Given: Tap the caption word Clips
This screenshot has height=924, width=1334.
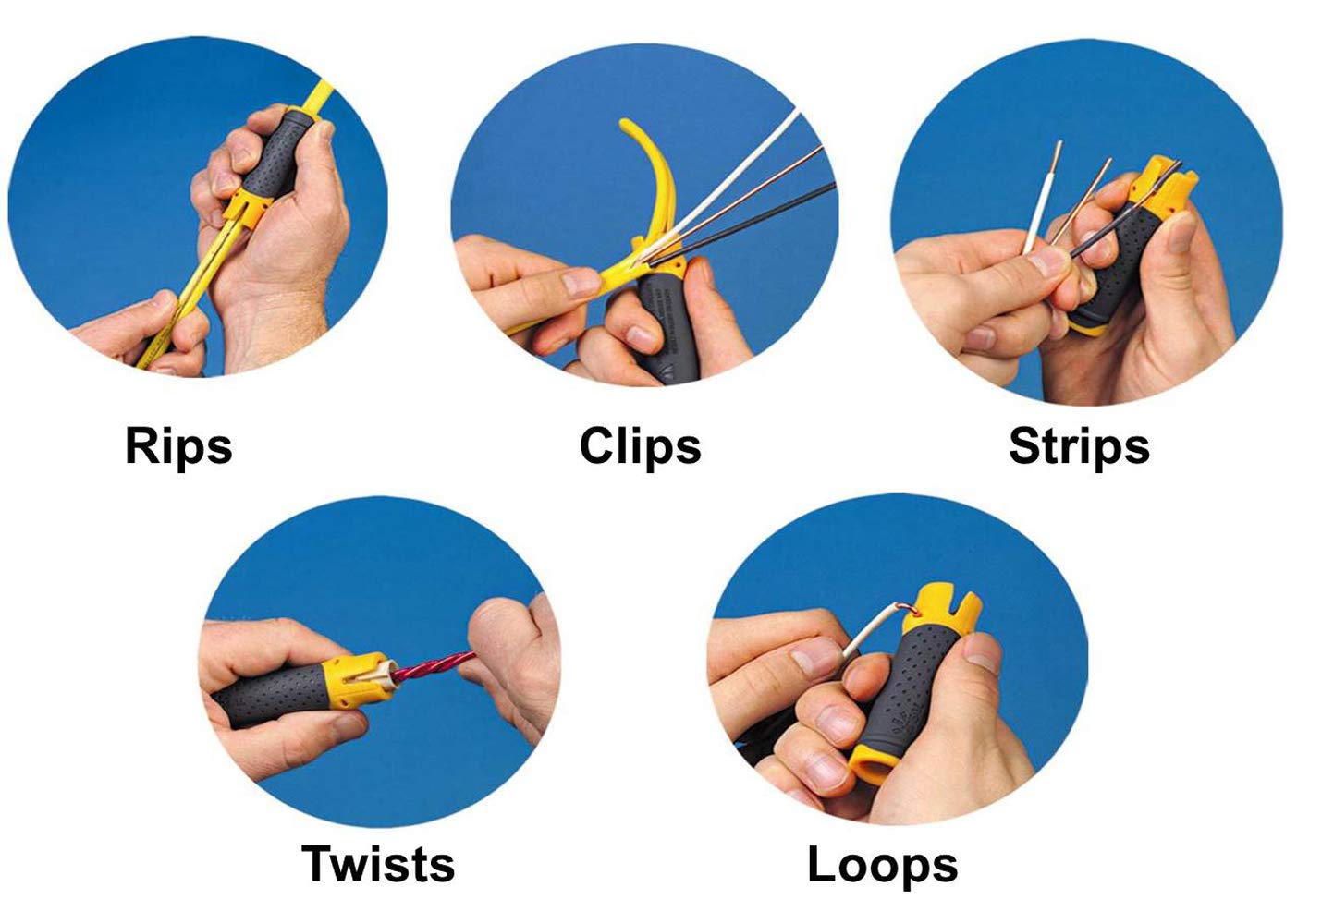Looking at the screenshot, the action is coord(641,446).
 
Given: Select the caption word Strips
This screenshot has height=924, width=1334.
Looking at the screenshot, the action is coord(1079,446).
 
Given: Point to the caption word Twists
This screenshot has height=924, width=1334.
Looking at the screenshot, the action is coord(378,864).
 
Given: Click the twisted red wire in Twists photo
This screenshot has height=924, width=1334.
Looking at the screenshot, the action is coord(434,666).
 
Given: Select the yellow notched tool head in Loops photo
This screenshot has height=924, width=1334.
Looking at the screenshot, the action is coord(940,610).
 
